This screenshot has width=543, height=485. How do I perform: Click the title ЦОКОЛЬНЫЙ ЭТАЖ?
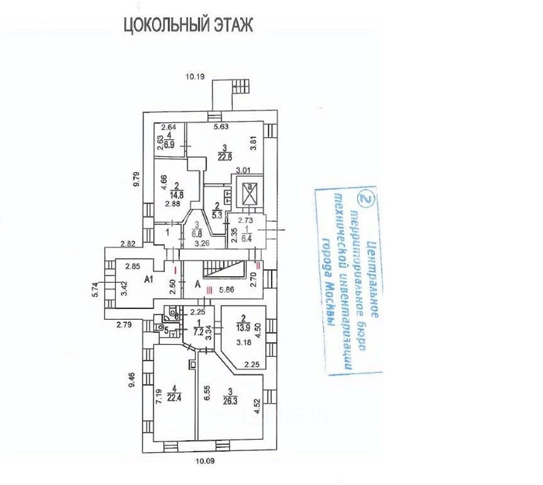click(188, 26)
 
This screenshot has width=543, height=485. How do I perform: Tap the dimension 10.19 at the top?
click(195, 77)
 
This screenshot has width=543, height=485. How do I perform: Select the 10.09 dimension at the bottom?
click(205, 461)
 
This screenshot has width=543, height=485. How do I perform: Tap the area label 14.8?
click(176, 195)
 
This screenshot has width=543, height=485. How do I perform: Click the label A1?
click(149, 280)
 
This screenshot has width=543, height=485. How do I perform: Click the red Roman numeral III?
click(209, 290)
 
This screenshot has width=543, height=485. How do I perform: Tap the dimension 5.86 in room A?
click(227, 290)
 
